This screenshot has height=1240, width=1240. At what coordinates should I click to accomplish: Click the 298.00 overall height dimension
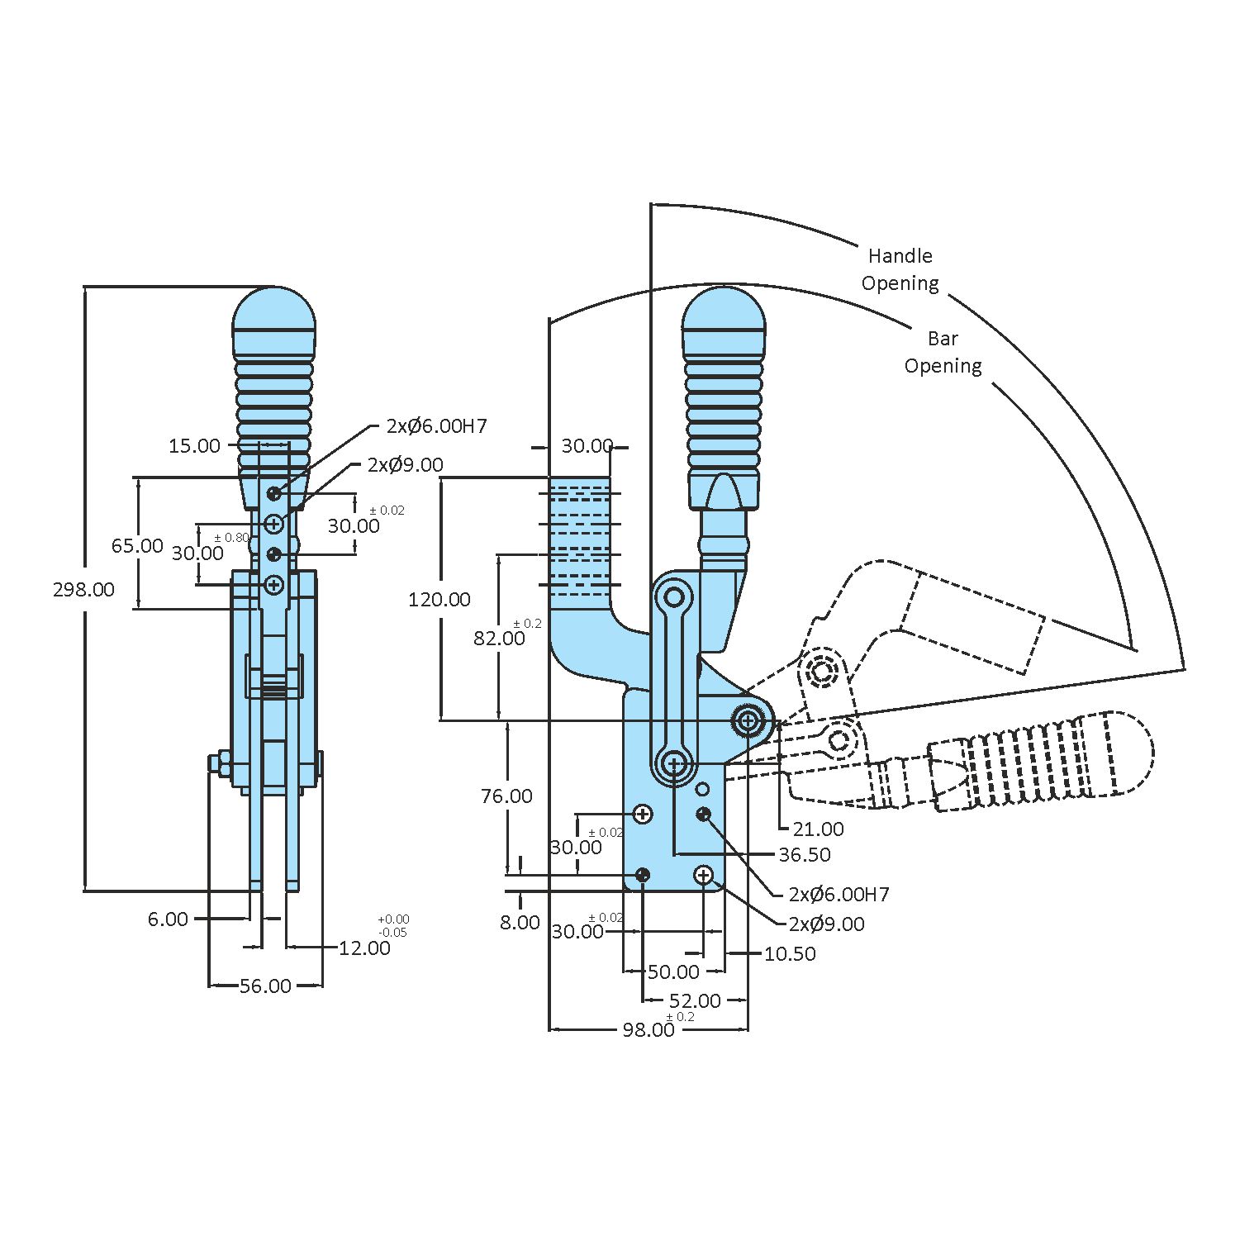pos(83,590)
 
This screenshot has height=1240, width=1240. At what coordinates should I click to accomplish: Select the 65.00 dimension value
pos(137,546)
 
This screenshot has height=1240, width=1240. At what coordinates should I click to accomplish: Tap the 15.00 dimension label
pos(194,446)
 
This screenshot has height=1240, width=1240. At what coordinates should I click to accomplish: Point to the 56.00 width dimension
pos(265,986)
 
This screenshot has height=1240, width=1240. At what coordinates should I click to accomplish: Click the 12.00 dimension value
pos(364,948)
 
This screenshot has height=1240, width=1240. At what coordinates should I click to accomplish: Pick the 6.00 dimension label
pos(168,919)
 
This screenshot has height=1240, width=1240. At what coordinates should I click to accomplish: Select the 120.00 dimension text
pos(439,600)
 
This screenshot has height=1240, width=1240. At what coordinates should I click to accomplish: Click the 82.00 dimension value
pos(499,639)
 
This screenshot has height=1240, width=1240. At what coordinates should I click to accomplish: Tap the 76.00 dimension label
pos(506,796)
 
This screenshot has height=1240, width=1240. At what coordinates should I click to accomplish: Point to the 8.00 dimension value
pos(519,923)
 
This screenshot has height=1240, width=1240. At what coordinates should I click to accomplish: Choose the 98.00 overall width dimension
pos(649,1029)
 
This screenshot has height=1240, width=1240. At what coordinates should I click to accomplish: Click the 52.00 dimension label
pos(695,1001)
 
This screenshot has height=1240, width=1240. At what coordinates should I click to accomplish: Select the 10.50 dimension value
pos(790,954)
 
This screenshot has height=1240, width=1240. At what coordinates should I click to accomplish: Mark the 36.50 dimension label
pos(805,855)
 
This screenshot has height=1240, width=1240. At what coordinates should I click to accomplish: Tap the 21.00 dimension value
pos(818,829)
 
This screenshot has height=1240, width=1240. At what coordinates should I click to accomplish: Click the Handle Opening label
pos(900,269)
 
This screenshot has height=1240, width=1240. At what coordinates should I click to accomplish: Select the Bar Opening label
pos(943,352)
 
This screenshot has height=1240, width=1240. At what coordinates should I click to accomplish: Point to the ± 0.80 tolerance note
pos(231,538)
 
